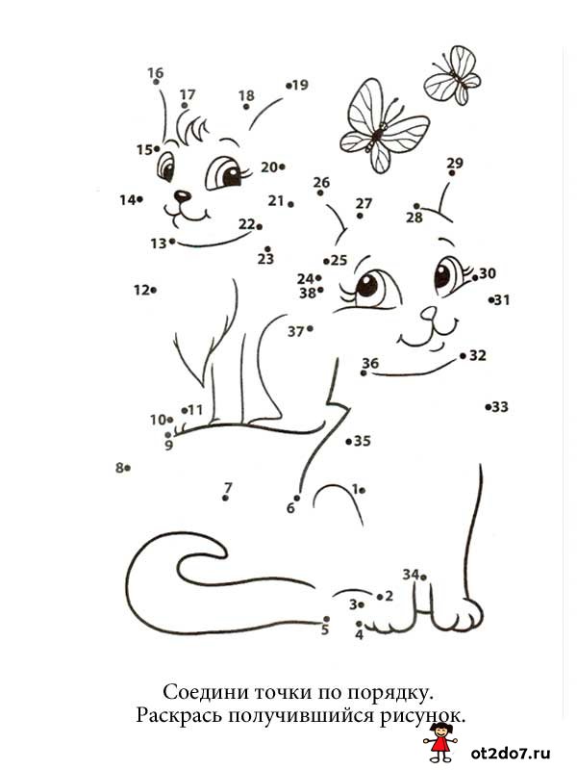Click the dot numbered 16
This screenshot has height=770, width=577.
click(x=156, y=82)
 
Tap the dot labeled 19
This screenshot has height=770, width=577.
click(x=288, y=86)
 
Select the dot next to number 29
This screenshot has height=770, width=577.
click(x=452, y=173)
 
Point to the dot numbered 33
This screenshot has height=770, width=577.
click(x=489, y=406)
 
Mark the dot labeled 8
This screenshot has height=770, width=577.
click(x=127, y=468)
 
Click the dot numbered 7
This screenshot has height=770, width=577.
click(x=225, y=498)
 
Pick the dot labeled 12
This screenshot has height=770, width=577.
click(x=154, y=291)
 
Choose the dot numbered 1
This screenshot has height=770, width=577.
click(x=363, y=490)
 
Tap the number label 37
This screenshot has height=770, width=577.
click(x=296, y=332)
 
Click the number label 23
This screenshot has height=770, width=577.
click(x=265, y=259)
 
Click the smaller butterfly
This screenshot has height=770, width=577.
click(x=453, y=75)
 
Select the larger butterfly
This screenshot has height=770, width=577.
click(x=384, y=126)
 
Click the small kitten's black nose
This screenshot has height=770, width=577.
click(x=183, y=196)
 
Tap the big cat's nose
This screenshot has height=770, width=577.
click(x=428, y=313)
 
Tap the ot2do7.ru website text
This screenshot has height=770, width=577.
click(x=511, y=753)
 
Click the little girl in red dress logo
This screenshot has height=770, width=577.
click(x=440, y=741)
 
